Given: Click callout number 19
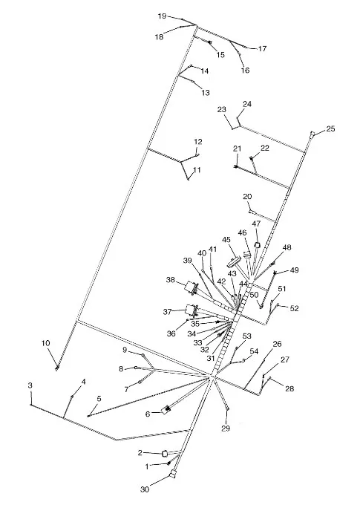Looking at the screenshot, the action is pyautogui.click(x=163, y=16).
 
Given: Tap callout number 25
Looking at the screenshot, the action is pyautogui.click(x=331, y=128).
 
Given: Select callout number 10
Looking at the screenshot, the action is pyautogui.click(x=46, y=343).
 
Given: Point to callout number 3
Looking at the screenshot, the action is pyautogui.click(x=30, y=385).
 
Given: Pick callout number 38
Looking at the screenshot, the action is pyautogui.click(x=171, y=280).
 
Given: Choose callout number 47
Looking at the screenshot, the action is pyautogui.click(x=256, y=224).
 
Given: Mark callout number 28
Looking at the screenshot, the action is pyautogui.click(x=289, y=388).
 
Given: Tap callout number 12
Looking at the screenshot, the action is pyautogui.click(x=198, y=142).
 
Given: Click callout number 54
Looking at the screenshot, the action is pyautogui.click(x=254, y=351).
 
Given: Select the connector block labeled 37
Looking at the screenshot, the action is pyautogui.click(x=191, y=310).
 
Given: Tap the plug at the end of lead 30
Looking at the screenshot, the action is pyautogui.click(x=173, y=475).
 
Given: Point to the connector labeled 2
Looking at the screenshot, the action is pyautogui.click(x=165, y=454).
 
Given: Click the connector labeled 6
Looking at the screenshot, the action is pyautogui.click(x=166, y=410).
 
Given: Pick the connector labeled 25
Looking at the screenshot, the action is pyautogui.click(x=312, y=134).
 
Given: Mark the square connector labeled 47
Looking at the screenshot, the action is pyautogui.click(x=257, y=245).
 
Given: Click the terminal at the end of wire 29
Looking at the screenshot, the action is pyautogui.click(x=227, y=408).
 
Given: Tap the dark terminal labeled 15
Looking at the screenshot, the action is pyautogui.click(x=210, y=42).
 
